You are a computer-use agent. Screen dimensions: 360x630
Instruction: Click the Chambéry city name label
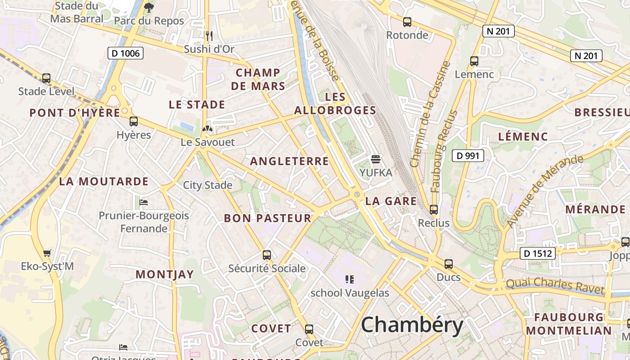point(412,325)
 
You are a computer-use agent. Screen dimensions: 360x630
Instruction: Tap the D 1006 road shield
point(126,54)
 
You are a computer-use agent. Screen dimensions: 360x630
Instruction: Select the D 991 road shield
point(468,156)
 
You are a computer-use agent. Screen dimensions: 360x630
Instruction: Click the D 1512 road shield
point(538,253)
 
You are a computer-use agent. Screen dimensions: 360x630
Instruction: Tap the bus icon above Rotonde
point(407,22)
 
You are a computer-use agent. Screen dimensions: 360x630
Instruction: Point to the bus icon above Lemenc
point(474,61)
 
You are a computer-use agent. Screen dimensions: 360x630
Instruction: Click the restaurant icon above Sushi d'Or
point(209,36)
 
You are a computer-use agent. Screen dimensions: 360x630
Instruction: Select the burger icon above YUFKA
point(376,159)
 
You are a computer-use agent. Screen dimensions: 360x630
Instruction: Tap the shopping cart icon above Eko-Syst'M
point(47,253)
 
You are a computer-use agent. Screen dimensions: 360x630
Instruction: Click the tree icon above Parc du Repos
point(148,8)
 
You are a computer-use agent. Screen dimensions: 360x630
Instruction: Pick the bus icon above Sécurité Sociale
point(267,255)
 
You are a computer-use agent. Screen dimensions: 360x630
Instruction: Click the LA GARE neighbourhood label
point(391,201)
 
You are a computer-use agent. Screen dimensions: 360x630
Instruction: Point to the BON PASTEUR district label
point(267,219)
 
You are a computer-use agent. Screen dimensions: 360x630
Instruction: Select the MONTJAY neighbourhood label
point(165,274)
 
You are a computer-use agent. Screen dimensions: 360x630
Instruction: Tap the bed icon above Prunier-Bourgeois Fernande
point(144,202)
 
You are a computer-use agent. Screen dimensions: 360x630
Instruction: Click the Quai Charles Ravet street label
point(554,286)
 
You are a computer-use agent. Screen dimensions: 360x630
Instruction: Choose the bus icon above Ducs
point(449,264)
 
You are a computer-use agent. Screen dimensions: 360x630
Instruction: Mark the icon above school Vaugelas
point(350,279)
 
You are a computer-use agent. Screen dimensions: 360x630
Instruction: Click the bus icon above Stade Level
point(46,78)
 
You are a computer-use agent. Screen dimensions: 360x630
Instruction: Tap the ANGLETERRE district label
point(289,161)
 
